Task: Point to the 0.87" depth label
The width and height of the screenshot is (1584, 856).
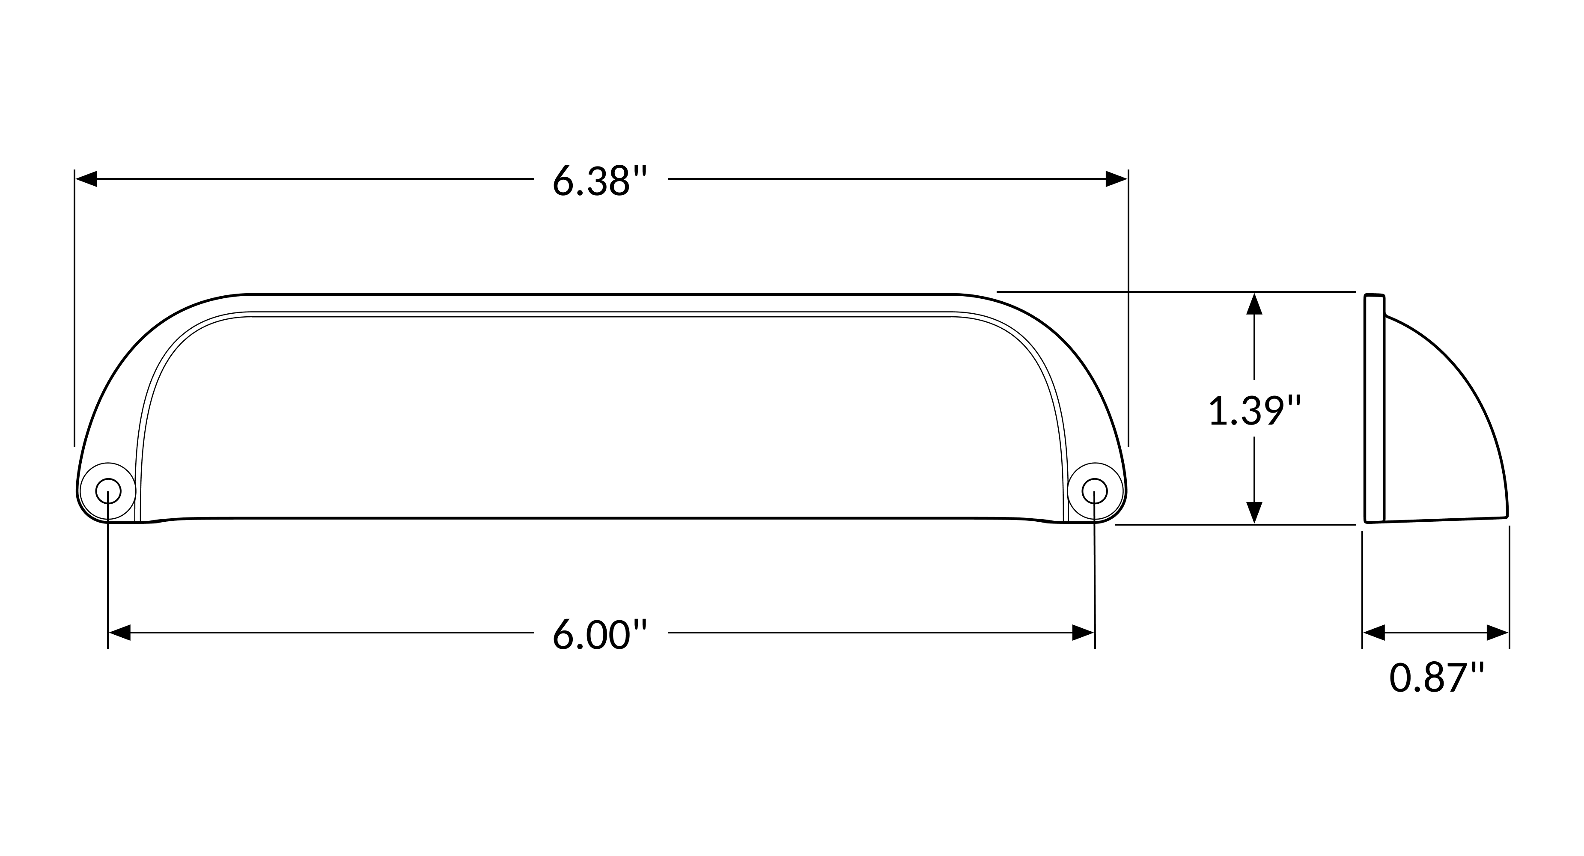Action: (x=1436, y=677)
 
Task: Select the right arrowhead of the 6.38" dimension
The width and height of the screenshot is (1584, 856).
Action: (x=1117, y=179)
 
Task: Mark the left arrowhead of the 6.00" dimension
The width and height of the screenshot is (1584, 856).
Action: (x=119, y=632)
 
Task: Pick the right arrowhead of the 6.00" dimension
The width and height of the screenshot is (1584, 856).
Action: (x=1084, y=632)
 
